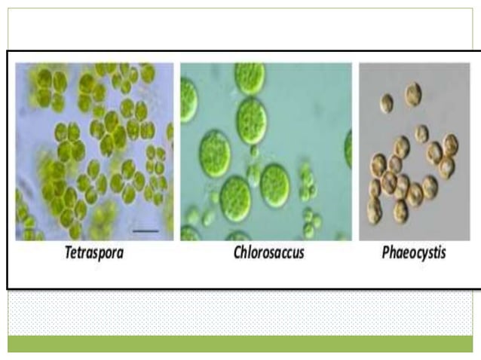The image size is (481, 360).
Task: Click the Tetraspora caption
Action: [x=93, y=252]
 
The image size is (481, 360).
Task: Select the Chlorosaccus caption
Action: [x=268, y=252]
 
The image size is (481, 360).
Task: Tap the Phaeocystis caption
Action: [x=413, y=252]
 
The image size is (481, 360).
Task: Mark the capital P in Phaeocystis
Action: [x=384, y=252]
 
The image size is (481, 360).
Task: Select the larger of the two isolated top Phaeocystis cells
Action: [x=412, y=94]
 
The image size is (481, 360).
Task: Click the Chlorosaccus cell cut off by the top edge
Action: [x=250, y=75]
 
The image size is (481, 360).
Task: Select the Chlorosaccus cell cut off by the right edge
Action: [x=348, y=148]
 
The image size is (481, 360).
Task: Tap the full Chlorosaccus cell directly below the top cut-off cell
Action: [x=252, y=120]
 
